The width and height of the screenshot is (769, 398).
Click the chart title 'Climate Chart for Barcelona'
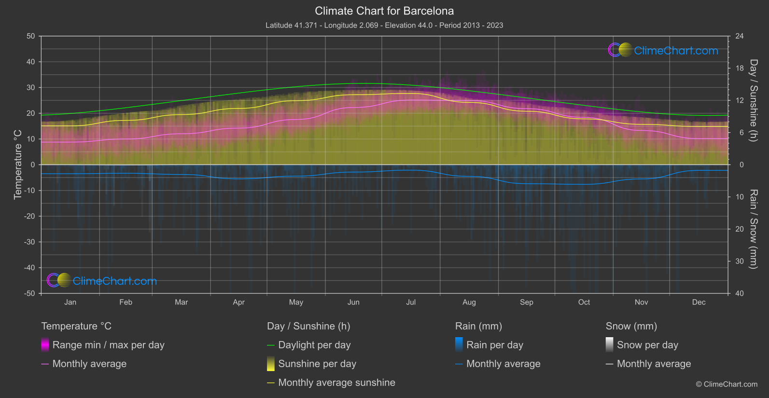(x=384, y=11)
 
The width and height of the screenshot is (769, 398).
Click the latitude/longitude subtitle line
(x=384, y=25)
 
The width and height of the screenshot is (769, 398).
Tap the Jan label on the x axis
(x=70, y=302)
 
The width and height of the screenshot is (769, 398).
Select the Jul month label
(x=411, y=302)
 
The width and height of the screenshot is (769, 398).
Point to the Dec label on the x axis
(x=699, y=302)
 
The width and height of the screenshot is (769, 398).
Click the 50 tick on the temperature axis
(x=31, y=36)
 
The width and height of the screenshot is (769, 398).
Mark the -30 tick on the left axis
(x=29, y=242)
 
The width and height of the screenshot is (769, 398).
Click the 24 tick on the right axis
(x=739, y=36)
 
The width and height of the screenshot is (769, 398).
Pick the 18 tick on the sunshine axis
(x=739, y=68)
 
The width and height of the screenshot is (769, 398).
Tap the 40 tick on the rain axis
(x=739, y=293)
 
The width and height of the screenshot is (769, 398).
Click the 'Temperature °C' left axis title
(x=18, y=164)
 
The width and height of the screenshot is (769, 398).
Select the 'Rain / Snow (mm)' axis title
(x=753, y=229)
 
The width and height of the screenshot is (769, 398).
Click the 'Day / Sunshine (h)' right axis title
(x=753, y=100)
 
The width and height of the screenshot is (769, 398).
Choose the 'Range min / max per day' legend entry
(x=108, y=345)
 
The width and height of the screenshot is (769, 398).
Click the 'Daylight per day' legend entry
(x=314, y=345)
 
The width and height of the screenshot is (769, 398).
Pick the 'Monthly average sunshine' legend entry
(x=336, y=383)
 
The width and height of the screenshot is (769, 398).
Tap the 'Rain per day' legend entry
(x=494, y=345)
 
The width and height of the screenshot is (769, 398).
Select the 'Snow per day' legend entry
(x=647, y=345)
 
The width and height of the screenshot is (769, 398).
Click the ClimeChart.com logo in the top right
(x=663, y=50)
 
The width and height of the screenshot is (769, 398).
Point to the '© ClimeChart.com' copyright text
(x=727, y=384)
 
